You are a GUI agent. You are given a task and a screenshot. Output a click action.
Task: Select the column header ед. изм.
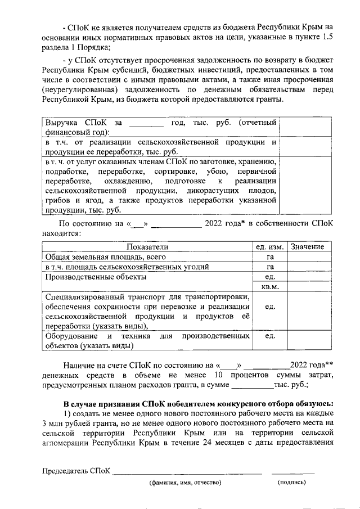(x=268, y=247)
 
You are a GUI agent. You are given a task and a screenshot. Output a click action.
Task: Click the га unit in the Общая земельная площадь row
(x=270, y=256)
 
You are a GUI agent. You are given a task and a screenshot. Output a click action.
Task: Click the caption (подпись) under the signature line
(x=292, y=483)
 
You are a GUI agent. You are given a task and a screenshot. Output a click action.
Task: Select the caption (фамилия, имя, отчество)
(x=185, y=483)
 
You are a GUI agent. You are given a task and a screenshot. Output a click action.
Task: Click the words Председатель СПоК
(x=76, y=470)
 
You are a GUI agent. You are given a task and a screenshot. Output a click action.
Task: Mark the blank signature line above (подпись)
(x=292, y=473)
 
